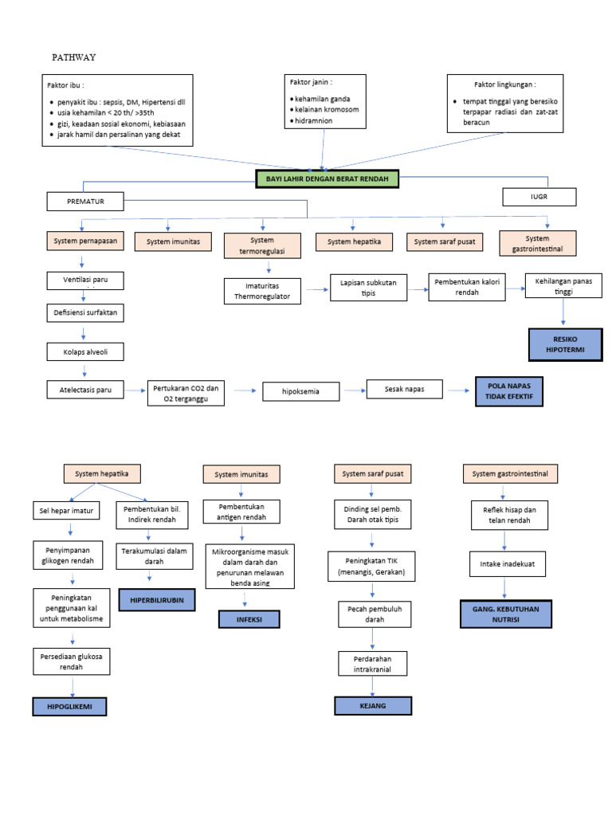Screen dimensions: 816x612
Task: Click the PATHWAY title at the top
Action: [x=73, y=57]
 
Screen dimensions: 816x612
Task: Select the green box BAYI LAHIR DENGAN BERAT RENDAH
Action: [x=327, y=179]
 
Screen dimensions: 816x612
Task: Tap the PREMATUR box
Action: [x=86, y=202]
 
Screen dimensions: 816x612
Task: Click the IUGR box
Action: [x=539, y=196]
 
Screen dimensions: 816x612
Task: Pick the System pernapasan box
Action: [x=84, y=240]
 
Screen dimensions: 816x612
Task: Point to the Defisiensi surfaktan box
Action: [x=84, y=313]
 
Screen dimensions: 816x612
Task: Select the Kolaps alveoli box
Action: [x=84, y=351]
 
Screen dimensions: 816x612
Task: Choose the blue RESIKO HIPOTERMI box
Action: [x=566, y=343]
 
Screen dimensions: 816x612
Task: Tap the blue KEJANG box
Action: [x=372, y=706]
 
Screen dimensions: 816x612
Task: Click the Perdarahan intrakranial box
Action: [x=372, y=665]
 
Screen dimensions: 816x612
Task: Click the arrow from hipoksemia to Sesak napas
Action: [x=352, y=390]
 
